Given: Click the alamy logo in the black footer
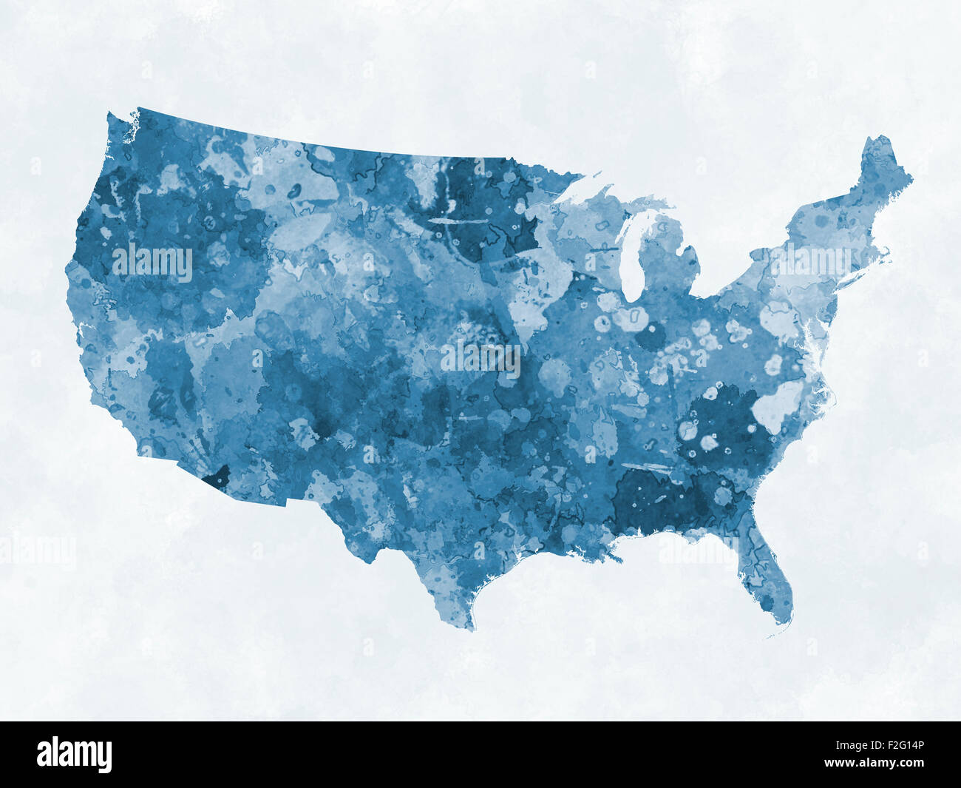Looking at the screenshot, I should pos(75,754).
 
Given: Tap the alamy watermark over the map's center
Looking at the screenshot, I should pos(480,358).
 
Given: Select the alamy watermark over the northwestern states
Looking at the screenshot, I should pos(152,263).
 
